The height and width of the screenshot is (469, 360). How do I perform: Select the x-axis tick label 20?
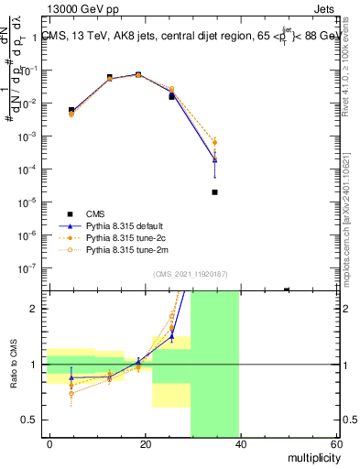(x=145, y=444)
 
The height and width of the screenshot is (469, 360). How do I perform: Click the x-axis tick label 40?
(x=240, y=444)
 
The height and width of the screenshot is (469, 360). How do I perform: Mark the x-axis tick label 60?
(x=335, y=444)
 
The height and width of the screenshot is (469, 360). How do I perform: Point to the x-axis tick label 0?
(x=49, y=444)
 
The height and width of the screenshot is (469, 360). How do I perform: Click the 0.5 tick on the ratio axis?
(x=33, y=420)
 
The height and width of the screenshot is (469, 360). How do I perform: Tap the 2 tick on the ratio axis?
(x=38, y=309)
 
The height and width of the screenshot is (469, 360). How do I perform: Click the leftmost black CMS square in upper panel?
(x=71, y=110)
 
